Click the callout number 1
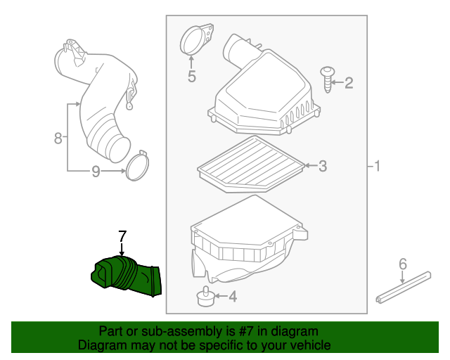click(377, 167)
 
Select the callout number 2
click(349, 84)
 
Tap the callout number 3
click(323, 167)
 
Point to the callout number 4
click(233, 297)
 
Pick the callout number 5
click(192, 76)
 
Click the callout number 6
click(403, 264)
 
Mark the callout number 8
click(58, 138)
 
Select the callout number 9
click(96, 171)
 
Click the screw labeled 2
click(328, 79)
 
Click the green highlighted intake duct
click(127, 276)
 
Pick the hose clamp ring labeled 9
click(138, 165)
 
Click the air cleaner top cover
click(264, 91)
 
